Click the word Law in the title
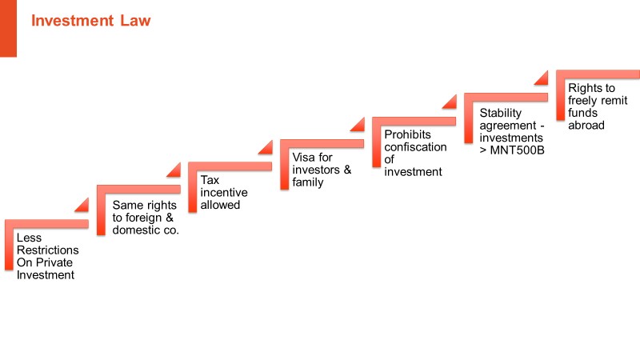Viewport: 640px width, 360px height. pyautogui.click(x=135, y=21)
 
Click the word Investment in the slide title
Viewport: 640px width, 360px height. pyautogui.click(x=72, y=21)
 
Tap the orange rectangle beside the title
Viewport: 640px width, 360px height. pyautogui.click(x=8, y=28)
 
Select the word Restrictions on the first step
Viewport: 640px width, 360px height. pyautogui.click(x=48, y=250)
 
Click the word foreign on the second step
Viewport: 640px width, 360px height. pyautogui.click(x=143, y=218)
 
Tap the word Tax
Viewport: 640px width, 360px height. pyautogui.click(x=210, y=180)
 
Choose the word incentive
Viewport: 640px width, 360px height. pyautogui.click(x=224, y=192)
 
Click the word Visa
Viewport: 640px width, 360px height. pyautogui.click(x=304, y=157)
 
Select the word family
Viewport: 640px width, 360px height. pyautogui.click(x=308, y=182)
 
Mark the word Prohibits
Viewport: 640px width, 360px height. pyautogui.click(x=407, y=134)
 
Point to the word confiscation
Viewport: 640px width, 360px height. pyautogui.click(x=415, y=147)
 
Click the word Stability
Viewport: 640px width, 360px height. pyautogui.click(x=501, y=113)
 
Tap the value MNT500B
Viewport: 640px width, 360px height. pyautogui.click(x=517, y=150)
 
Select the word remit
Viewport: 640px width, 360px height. pyautogui.click(x=614, y=101)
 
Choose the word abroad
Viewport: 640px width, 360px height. pyautogui.click(x=586, y=126)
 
